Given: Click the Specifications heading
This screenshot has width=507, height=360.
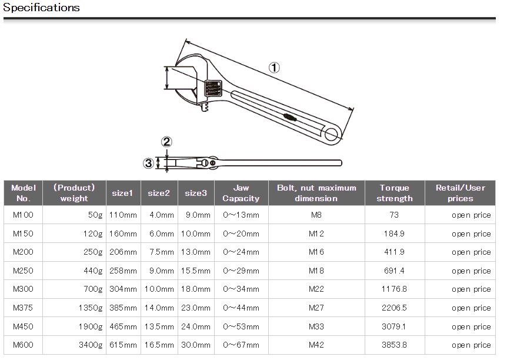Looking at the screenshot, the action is tap(41, 7).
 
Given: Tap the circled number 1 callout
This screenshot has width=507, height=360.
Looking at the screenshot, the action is tap(274, 68).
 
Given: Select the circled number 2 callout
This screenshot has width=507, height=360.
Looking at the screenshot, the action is tap(166, 142).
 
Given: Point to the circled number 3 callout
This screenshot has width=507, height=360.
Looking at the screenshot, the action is tap(148, 163).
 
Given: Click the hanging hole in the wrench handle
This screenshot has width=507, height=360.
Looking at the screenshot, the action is tap(331, 134).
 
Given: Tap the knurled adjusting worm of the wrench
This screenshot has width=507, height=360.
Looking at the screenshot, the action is tap(214, 88).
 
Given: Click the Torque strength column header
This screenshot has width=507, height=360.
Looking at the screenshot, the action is tap(395, 193).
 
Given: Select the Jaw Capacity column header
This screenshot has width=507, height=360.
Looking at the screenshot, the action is tap(241, 193).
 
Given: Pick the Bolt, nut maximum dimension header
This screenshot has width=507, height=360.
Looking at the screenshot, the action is tap(316, 193).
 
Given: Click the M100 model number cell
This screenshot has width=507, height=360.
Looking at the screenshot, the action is tap(23, 215).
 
